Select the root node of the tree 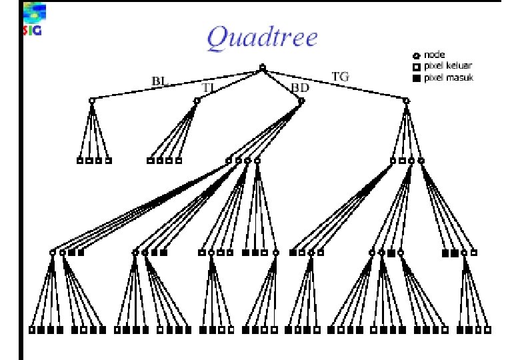tap(262, 67)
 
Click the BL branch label tap(159, 81)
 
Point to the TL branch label tap(209, 87)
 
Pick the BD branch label tap(301, 87)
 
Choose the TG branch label tap(340, 77)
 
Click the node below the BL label tap(92, 101)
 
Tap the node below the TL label tap(197, 101)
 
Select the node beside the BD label tap(301, 101)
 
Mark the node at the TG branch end tap(406, 101)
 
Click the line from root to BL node tap(177, 84)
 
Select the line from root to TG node tap(333, 84)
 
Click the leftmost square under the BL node tap(79, 161)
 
